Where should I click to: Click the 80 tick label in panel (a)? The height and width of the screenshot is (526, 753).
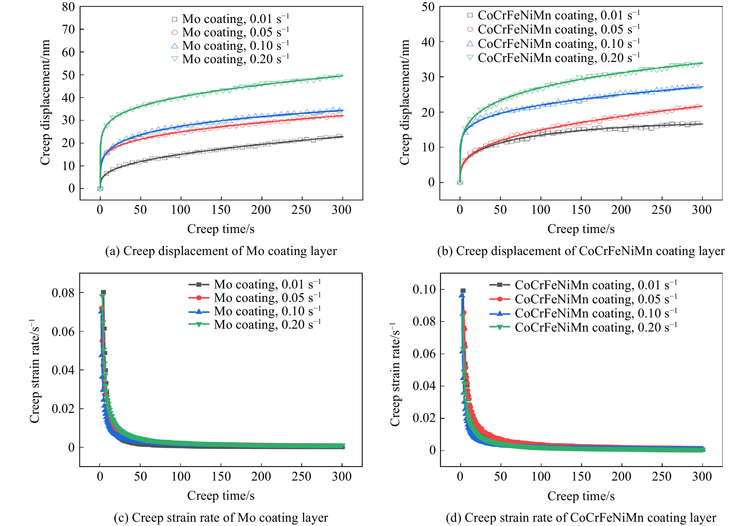[68, 7]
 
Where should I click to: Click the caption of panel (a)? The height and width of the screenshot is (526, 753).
[221, 251]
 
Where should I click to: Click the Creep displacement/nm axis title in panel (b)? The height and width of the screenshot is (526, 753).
[405, 102]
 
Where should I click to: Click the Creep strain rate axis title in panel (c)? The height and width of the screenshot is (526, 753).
[35, 371]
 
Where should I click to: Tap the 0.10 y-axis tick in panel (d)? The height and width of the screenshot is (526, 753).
[424, 289]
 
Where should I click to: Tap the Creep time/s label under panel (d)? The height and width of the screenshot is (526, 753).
[581, 496]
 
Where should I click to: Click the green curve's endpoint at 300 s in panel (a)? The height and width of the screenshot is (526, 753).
[342, 76]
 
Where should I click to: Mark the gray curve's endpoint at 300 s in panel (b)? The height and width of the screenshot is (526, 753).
[702, 124]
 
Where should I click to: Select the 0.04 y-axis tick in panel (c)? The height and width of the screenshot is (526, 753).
[63, 370]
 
